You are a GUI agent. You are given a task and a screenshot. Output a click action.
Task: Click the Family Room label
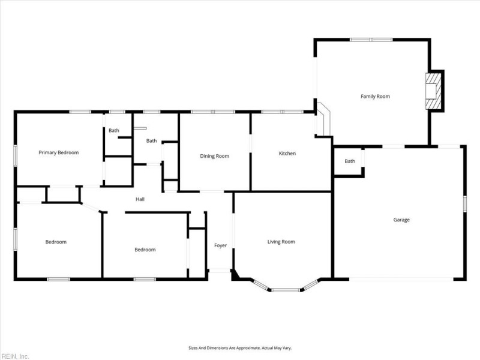click(x=376, y=97)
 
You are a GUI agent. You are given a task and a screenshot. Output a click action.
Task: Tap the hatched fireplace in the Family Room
click(x=433, y=91)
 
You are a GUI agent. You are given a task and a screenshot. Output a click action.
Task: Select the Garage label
click(x=401, y=220)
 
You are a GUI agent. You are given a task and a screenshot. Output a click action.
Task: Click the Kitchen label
click(x=287, y=154)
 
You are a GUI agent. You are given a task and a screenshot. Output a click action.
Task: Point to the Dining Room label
click(x=215, y=156)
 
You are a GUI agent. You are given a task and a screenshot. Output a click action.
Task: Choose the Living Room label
click(x=281, y=242)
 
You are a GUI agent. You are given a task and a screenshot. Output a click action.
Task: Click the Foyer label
click(x=220, y=245)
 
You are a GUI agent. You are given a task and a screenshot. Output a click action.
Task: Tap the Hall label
click(x=140, y=199)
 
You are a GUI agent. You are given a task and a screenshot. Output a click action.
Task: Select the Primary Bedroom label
click(x=59, y=152)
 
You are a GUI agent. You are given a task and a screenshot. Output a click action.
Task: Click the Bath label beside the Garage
click(x=350, y=161)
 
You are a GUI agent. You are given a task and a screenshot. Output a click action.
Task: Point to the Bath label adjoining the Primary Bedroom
click(x=114, y=130)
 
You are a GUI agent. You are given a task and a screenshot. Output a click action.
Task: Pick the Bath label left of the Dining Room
click(x=152, y=141)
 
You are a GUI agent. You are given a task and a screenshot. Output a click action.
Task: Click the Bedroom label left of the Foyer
click(x=145, y=250)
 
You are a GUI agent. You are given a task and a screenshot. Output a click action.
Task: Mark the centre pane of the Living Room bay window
click(x=286, y=290)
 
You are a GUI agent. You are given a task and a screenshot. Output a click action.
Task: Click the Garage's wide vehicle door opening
click(x=401, y=279)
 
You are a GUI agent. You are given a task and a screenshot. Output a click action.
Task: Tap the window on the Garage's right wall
click(x=464, y=204)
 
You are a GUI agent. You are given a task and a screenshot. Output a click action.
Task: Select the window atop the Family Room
click(x=371, y=40)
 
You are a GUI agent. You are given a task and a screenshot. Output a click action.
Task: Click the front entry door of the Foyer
click(x=220, y=271)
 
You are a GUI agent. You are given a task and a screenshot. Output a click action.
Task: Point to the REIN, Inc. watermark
click(x=14, y=356)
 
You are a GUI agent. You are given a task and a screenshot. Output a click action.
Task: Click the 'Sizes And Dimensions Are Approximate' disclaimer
click(x=240, y=348)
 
